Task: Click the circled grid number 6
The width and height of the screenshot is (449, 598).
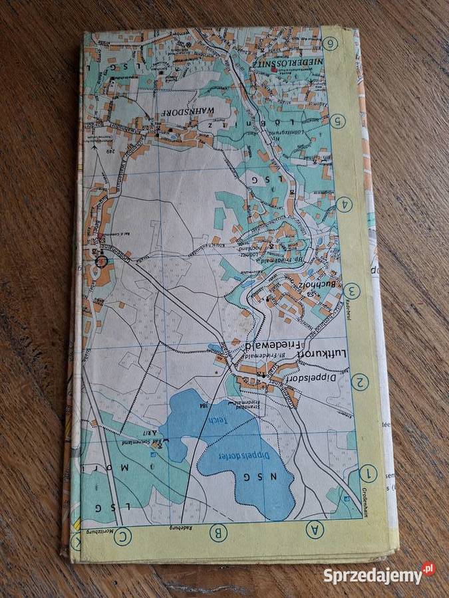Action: click(331, 44)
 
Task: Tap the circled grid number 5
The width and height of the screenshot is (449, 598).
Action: click(338, 121)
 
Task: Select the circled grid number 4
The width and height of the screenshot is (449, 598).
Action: click(344, 205)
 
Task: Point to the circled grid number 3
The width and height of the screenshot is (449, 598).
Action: click(352, 291)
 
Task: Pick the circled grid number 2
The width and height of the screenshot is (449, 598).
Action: click(360, 382)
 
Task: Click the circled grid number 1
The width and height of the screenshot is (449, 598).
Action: click(367, 474)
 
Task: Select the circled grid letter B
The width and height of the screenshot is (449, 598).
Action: click(218, 532)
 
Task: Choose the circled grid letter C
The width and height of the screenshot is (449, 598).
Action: click(122, 536)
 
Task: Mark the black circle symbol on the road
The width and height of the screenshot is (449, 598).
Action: click(101, 260)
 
